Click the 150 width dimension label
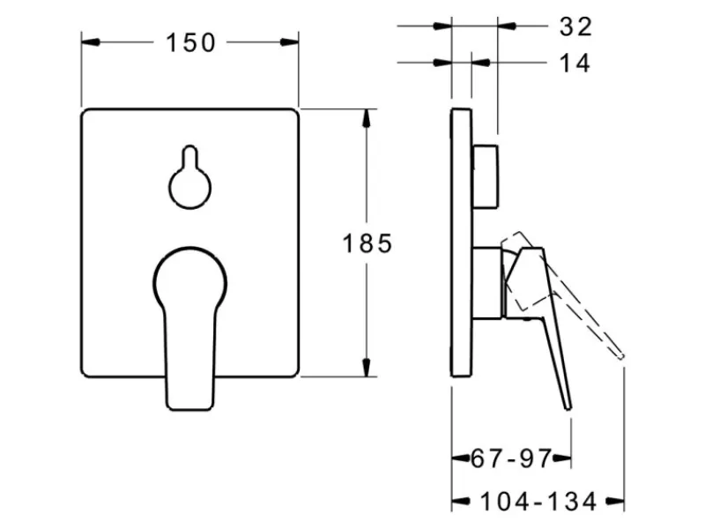tap(190, 43)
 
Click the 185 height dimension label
tap(367, 244)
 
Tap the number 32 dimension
tap(576, 27)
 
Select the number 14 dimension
tap(575, 63)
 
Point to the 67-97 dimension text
tap(511, 458)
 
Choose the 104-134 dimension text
tap(538, 501)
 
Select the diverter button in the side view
tap(486, 177)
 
